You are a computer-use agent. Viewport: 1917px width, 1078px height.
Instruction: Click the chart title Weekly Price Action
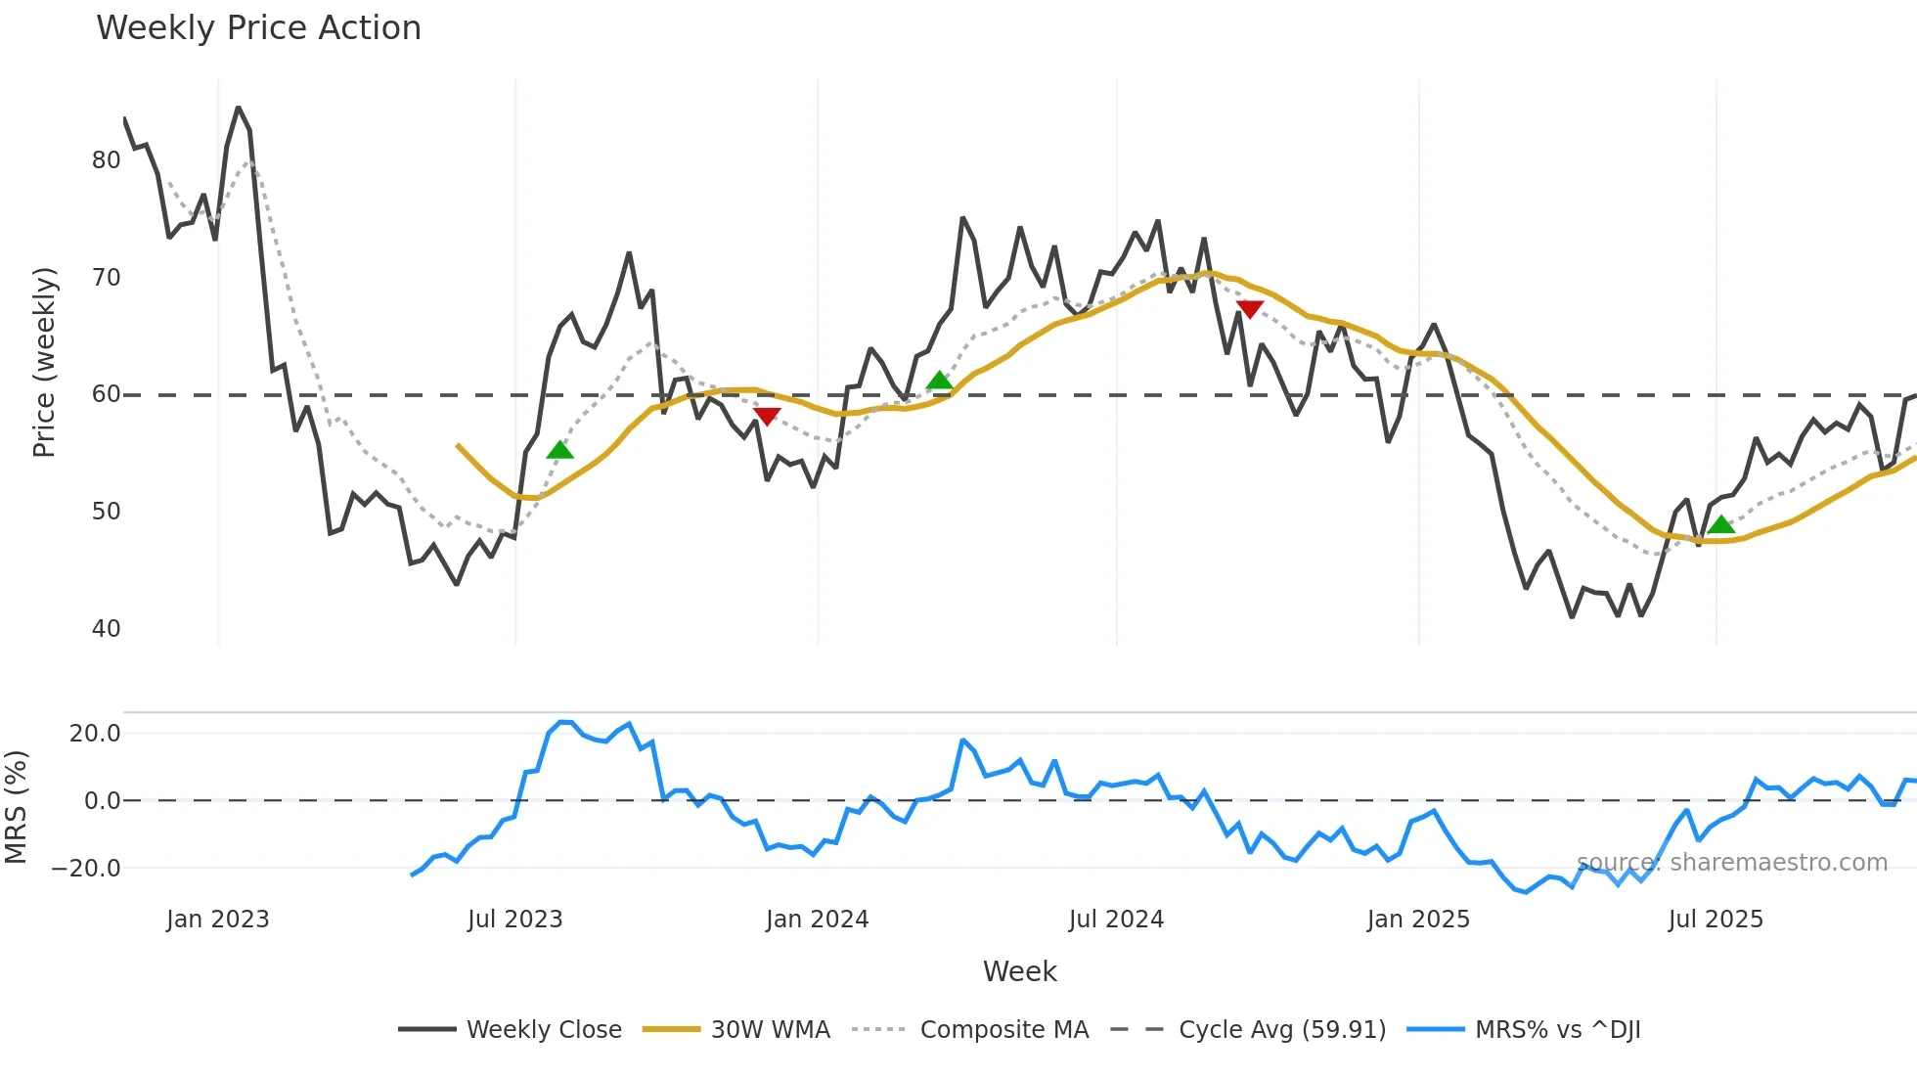(x=258, y=28)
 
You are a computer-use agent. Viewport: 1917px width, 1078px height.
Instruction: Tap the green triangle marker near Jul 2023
(x=559, y=450)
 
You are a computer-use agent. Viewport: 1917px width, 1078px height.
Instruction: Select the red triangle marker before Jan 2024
(x=767, y=417)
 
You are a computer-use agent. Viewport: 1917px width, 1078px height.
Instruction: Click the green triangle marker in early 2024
(x=939, y=381)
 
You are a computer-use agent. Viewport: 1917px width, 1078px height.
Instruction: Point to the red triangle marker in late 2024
(x=1249, y=309)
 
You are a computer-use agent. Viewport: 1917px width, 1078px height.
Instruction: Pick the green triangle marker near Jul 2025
(x=1720, y=525)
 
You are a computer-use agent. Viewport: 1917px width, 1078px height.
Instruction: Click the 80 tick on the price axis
(x=106, y=160)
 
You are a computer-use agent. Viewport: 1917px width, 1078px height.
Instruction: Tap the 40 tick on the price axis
(x=106, y=629)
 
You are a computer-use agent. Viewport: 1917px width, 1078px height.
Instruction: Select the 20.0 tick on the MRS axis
(x=95, y=734)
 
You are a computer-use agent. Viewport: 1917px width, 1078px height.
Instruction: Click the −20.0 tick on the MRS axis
(x=86, y=869)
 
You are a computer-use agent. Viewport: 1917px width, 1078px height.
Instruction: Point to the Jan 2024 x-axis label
(x=817, y=920)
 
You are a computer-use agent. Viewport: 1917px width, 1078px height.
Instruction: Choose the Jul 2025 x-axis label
(x=1716, y=920)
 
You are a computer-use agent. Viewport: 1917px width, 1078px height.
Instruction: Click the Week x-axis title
(x=1019, y=971)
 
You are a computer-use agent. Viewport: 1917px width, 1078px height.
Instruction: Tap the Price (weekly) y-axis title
(x=45, y=362)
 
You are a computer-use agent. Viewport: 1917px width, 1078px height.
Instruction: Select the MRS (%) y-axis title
(x=17, y=807)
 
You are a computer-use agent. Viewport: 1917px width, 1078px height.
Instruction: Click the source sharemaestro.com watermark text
(x=1731, y=863)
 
